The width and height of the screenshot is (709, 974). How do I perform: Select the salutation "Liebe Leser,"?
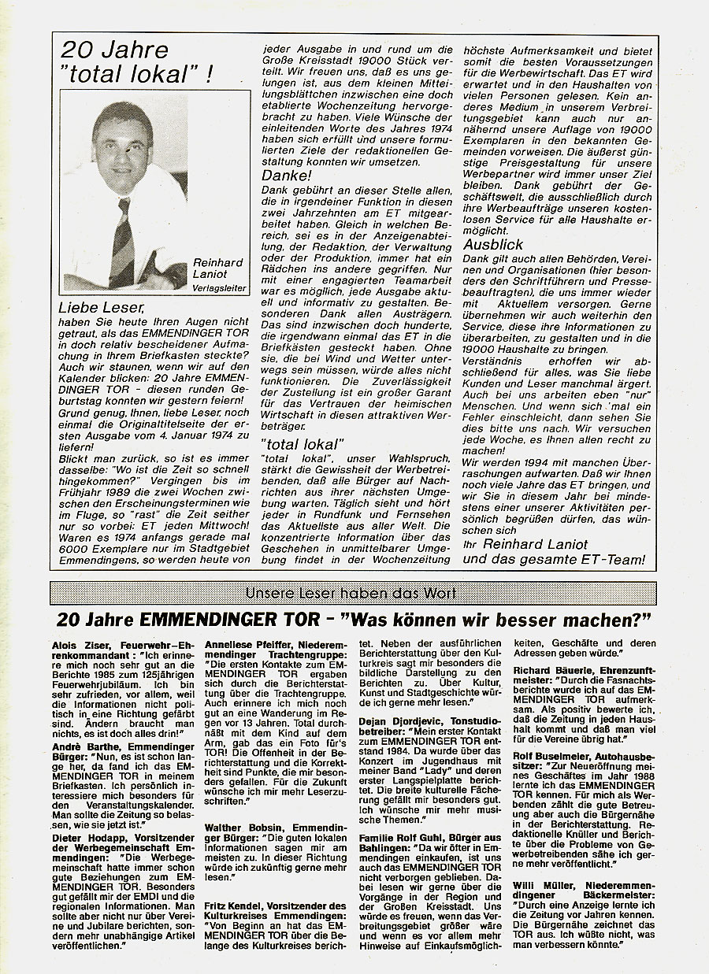(100, 306)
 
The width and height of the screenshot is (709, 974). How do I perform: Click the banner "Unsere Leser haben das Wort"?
(352, 593)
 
